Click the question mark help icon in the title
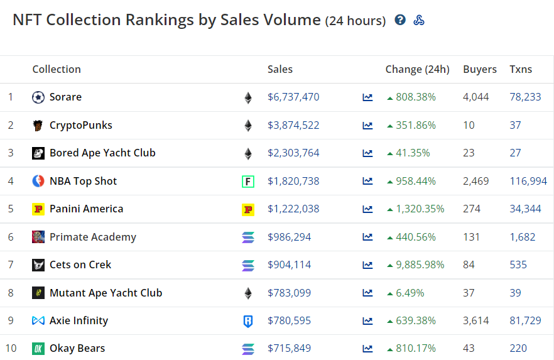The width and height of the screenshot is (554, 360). pos(400,19)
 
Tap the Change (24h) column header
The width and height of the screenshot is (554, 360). pos(417,69)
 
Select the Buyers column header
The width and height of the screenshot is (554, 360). pos(480,69)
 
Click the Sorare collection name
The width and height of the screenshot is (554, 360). pos(65,97)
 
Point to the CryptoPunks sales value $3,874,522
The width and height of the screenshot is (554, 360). pos(293,125)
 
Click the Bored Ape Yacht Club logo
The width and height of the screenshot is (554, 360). pos(38,153)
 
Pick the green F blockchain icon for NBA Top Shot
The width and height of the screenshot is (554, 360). pos(248,182)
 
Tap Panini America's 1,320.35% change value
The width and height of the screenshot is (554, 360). pos(420,209)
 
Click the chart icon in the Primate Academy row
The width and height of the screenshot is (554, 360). pos(367,237)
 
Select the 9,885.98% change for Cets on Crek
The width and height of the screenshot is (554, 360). pos(420,265)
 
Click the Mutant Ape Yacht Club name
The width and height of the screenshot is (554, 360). pos(106,293)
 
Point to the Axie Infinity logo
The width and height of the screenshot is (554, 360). pos(38,320)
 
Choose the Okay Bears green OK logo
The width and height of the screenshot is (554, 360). pos(38,349)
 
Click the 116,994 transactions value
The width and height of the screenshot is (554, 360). pos(528,181)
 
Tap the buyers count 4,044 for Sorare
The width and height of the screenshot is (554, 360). pos(476,97)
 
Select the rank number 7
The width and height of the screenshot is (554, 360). pos(11,265)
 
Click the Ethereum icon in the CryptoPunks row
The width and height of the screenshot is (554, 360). pos(248,126)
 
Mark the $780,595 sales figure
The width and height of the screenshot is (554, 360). pos(289,320)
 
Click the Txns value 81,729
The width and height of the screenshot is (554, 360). pos(525,320)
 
